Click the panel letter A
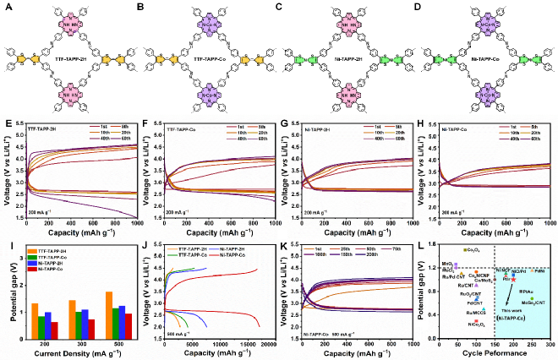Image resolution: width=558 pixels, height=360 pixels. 6,6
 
